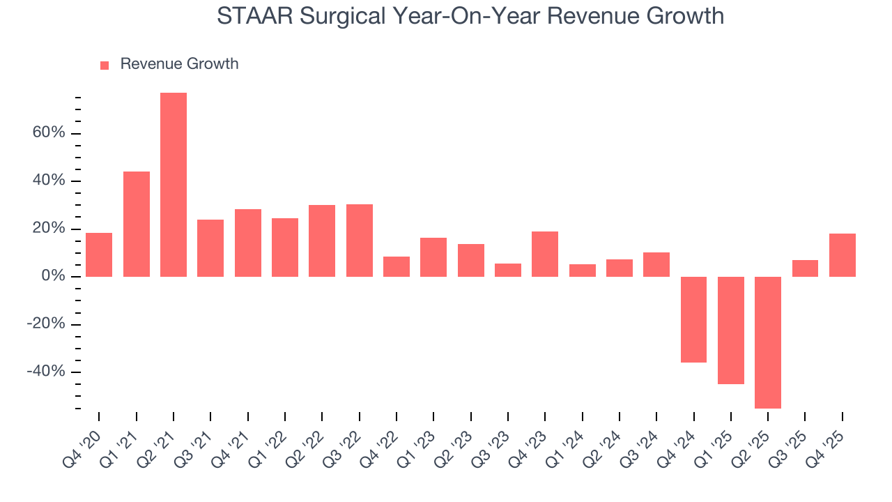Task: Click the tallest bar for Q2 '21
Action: [174, 185]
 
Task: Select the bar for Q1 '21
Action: [137, 224]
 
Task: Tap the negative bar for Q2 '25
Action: [768, 342]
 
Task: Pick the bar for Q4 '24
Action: [693, 319]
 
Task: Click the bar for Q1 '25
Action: [731, 330]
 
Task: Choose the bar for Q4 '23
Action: [545, 254]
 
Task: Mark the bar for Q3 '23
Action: [508, 270]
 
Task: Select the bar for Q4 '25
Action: [843, 255]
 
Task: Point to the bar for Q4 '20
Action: [99, 254]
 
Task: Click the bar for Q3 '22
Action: [360, 241]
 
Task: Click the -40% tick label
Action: [46, 372]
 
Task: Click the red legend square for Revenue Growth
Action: [105, 65]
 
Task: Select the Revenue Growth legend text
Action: [179, 64]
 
